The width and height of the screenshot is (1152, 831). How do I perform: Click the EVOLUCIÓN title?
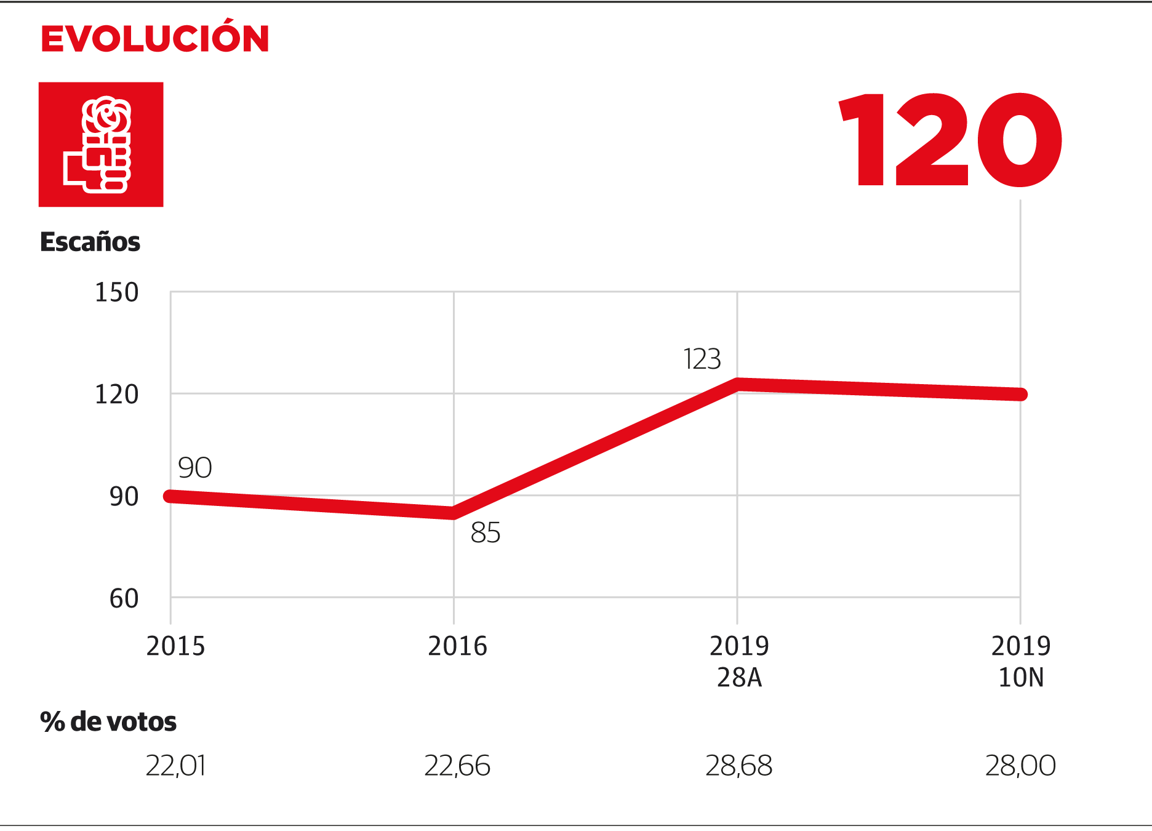click(x=154, y=38)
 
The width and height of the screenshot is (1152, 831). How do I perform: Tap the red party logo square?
click(x=101, y=145)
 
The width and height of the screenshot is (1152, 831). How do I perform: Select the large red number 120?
click(x=950, y=140)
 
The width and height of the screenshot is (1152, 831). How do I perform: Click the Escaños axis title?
click(x=90, y=242)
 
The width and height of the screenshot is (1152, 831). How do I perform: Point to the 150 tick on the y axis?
click(x=116, y=292)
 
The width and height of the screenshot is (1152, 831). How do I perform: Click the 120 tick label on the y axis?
click(x=116, y=395)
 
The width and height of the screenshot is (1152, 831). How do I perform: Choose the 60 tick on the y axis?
click(x=124, y=598)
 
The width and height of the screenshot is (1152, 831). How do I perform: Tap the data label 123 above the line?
click(x=702, y=359)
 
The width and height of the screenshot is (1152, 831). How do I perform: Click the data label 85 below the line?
click(x=486, y=532)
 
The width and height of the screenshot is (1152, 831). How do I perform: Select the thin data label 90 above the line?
click(x=195, y=468)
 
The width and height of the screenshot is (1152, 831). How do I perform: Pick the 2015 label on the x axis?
click(x=175, y=646)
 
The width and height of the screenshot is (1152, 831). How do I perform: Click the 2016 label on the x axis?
click(x=457, y=646)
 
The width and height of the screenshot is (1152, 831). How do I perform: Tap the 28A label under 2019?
click(x=739, y=678)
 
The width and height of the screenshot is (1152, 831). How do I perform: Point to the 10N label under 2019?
click(x=1021, y=678)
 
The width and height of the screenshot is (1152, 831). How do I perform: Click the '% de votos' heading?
click(x=108, y=721)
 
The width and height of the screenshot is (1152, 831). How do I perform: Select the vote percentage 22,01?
click(x=175, y=766)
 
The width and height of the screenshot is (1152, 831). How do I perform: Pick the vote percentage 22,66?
click(x=457, y=766)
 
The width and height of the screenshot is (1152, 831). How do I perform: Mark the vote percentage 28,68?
click(x=739, y=766)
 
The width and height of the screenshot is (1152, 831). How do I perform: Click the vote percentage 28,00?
click(x=1020, y=766)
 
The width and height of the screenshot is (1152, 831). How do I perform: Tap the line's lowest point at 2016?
click(x=454, y=513)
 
